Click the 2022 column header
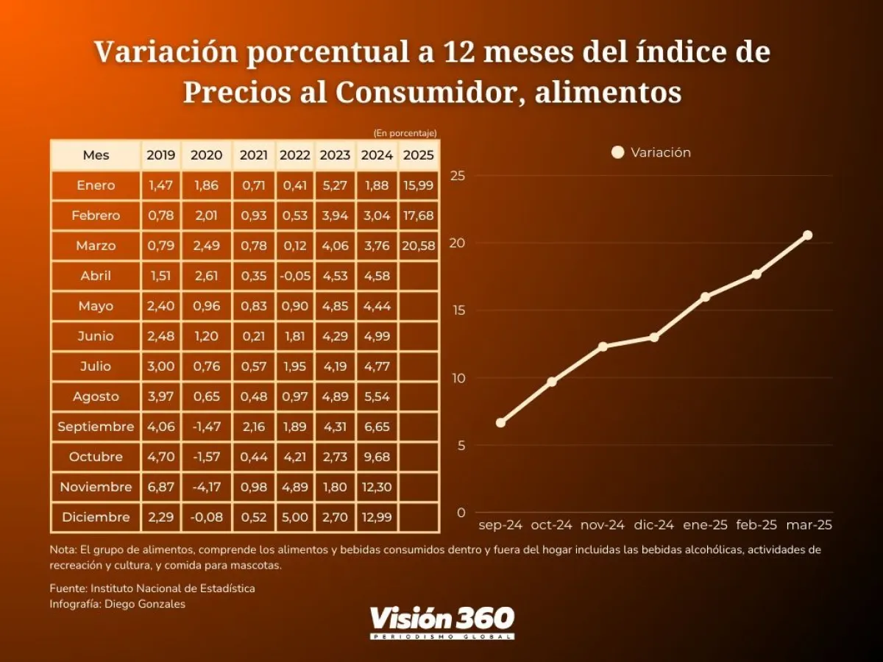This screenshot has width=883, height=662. pyautogui.click(x=295, y=155)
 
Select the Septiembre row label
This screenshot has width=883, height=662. pyautogui.click(x=96, y=427)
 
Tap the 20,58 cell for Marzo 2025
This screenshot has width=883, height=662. pyautogui.click(x=419, y=246)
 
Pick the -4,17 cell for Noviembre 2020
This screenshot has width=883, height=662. pyautogui.click(x=206, y=487)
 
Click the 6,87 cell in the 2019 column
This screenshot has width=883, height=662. pyautogui.click(x=160, y=487)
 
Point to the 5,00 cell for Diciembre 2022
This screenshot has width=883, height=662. pyautogui.click(x=295, y=517)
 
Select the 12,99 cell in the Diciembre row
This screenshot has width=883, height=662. pyautogui.click(x=377, y=517)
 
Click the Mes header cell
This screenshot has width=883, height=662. pyautogui.click(x=96, y=155)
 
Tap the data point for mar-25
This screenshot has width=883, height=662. pyautogui.click(x=807, y=235)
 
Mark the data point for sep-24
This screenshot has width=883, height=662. pyautogui.click(x=500, y=423)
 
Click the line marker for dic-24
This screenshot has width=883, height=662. pyautogui.click(x=653, y=338)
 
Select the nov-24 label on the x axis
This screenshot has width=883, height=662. pyautogui.click(x=603, y=525)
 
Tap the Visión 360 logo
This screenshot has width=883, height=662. pyautogui.click(x=441, y=622)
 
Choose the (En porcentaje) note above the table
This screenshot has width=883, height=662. pyautogui.click(x=405, y=133)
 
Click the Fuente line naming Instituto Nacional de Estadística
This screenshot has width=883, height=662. pyautogui.click(x=152, y=588)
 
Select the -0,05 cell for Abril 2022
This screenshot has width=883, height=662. pyautogui.click(x=295, y=276)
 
